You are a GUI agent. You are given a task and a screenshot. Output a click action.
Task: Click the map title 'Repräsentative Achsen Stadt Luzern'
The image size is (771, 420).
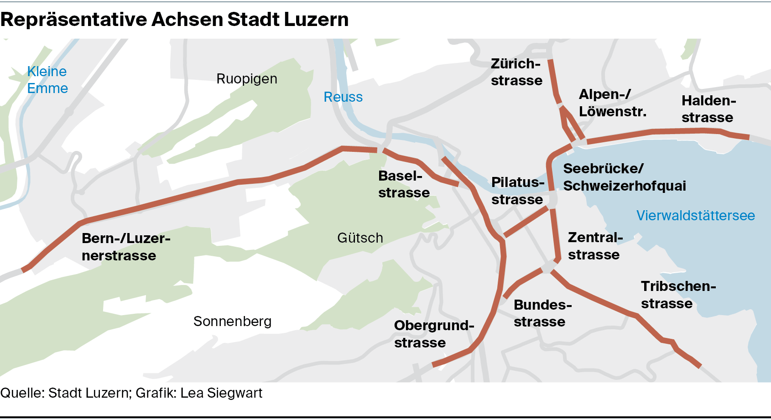point(174,20)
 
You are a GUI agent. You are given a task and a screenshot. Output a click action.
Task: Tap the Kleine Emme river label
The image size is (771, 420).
point(47,80)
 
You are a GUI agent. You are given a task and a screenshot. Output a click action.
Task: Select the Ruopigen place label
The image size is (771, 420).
point(246,79)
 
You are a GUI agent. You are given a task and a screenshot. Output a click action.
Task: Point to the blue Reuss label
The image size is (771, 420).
point(343,97)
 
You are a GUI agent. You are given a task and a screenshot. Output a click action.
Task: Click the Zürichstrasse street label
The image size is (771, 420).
point(516,72)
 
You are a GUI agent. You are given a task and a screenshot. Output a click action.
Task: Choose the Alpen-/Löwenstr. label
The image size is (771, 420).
point(612,103)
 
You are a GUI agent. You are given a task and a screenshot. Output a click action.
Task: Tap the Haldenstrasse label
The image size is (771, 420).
point(708,109)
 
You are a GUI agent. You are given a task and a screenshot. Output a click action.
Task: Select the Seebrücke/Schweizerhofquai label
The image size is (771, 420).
point(624,177)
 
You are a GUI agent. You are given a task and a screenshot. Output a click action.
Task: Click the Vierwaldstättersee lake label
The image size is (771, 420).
point(695,215)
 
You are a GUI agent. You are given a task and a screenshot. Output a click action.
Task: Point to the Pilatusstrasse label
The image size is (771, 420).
point(517,191)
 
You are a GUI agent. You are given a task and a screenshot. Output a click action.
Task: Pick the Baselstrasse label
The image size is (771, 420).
point(403,184)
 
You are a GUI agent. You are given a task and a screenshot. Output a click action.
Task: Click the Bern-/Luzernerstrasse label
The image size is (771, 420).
point(125,247)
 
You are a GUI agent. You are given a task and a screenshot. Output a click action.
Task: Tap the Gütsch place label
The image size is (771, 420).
point(360,238)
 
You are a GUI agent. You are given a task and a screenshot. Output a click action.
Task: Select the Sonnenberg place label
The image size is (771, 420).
point(232,321)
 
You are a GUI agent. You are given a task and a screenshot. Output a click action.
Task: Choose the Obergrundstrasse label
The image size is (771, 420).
point(433,334)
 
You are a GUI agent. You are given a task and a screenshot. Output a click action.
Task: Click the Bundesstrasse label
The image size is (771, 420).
point(542,313)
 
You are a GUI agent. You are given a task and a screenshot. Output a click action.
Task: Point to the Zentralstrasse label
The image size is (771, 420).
point(594,246)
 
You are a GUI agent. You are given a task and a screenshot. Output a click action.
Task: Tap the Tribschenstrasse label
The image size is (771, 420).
point(678,295)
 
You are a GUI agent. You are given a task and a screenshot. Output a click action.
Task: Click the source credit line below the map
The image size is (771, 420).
point(131,393)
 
